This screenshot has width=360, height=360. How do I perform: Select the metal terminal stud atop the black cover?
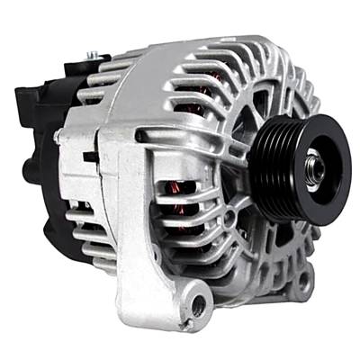point(91,56)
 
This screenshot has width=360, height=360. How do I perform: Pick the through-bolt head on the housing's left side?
point(58,136)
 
